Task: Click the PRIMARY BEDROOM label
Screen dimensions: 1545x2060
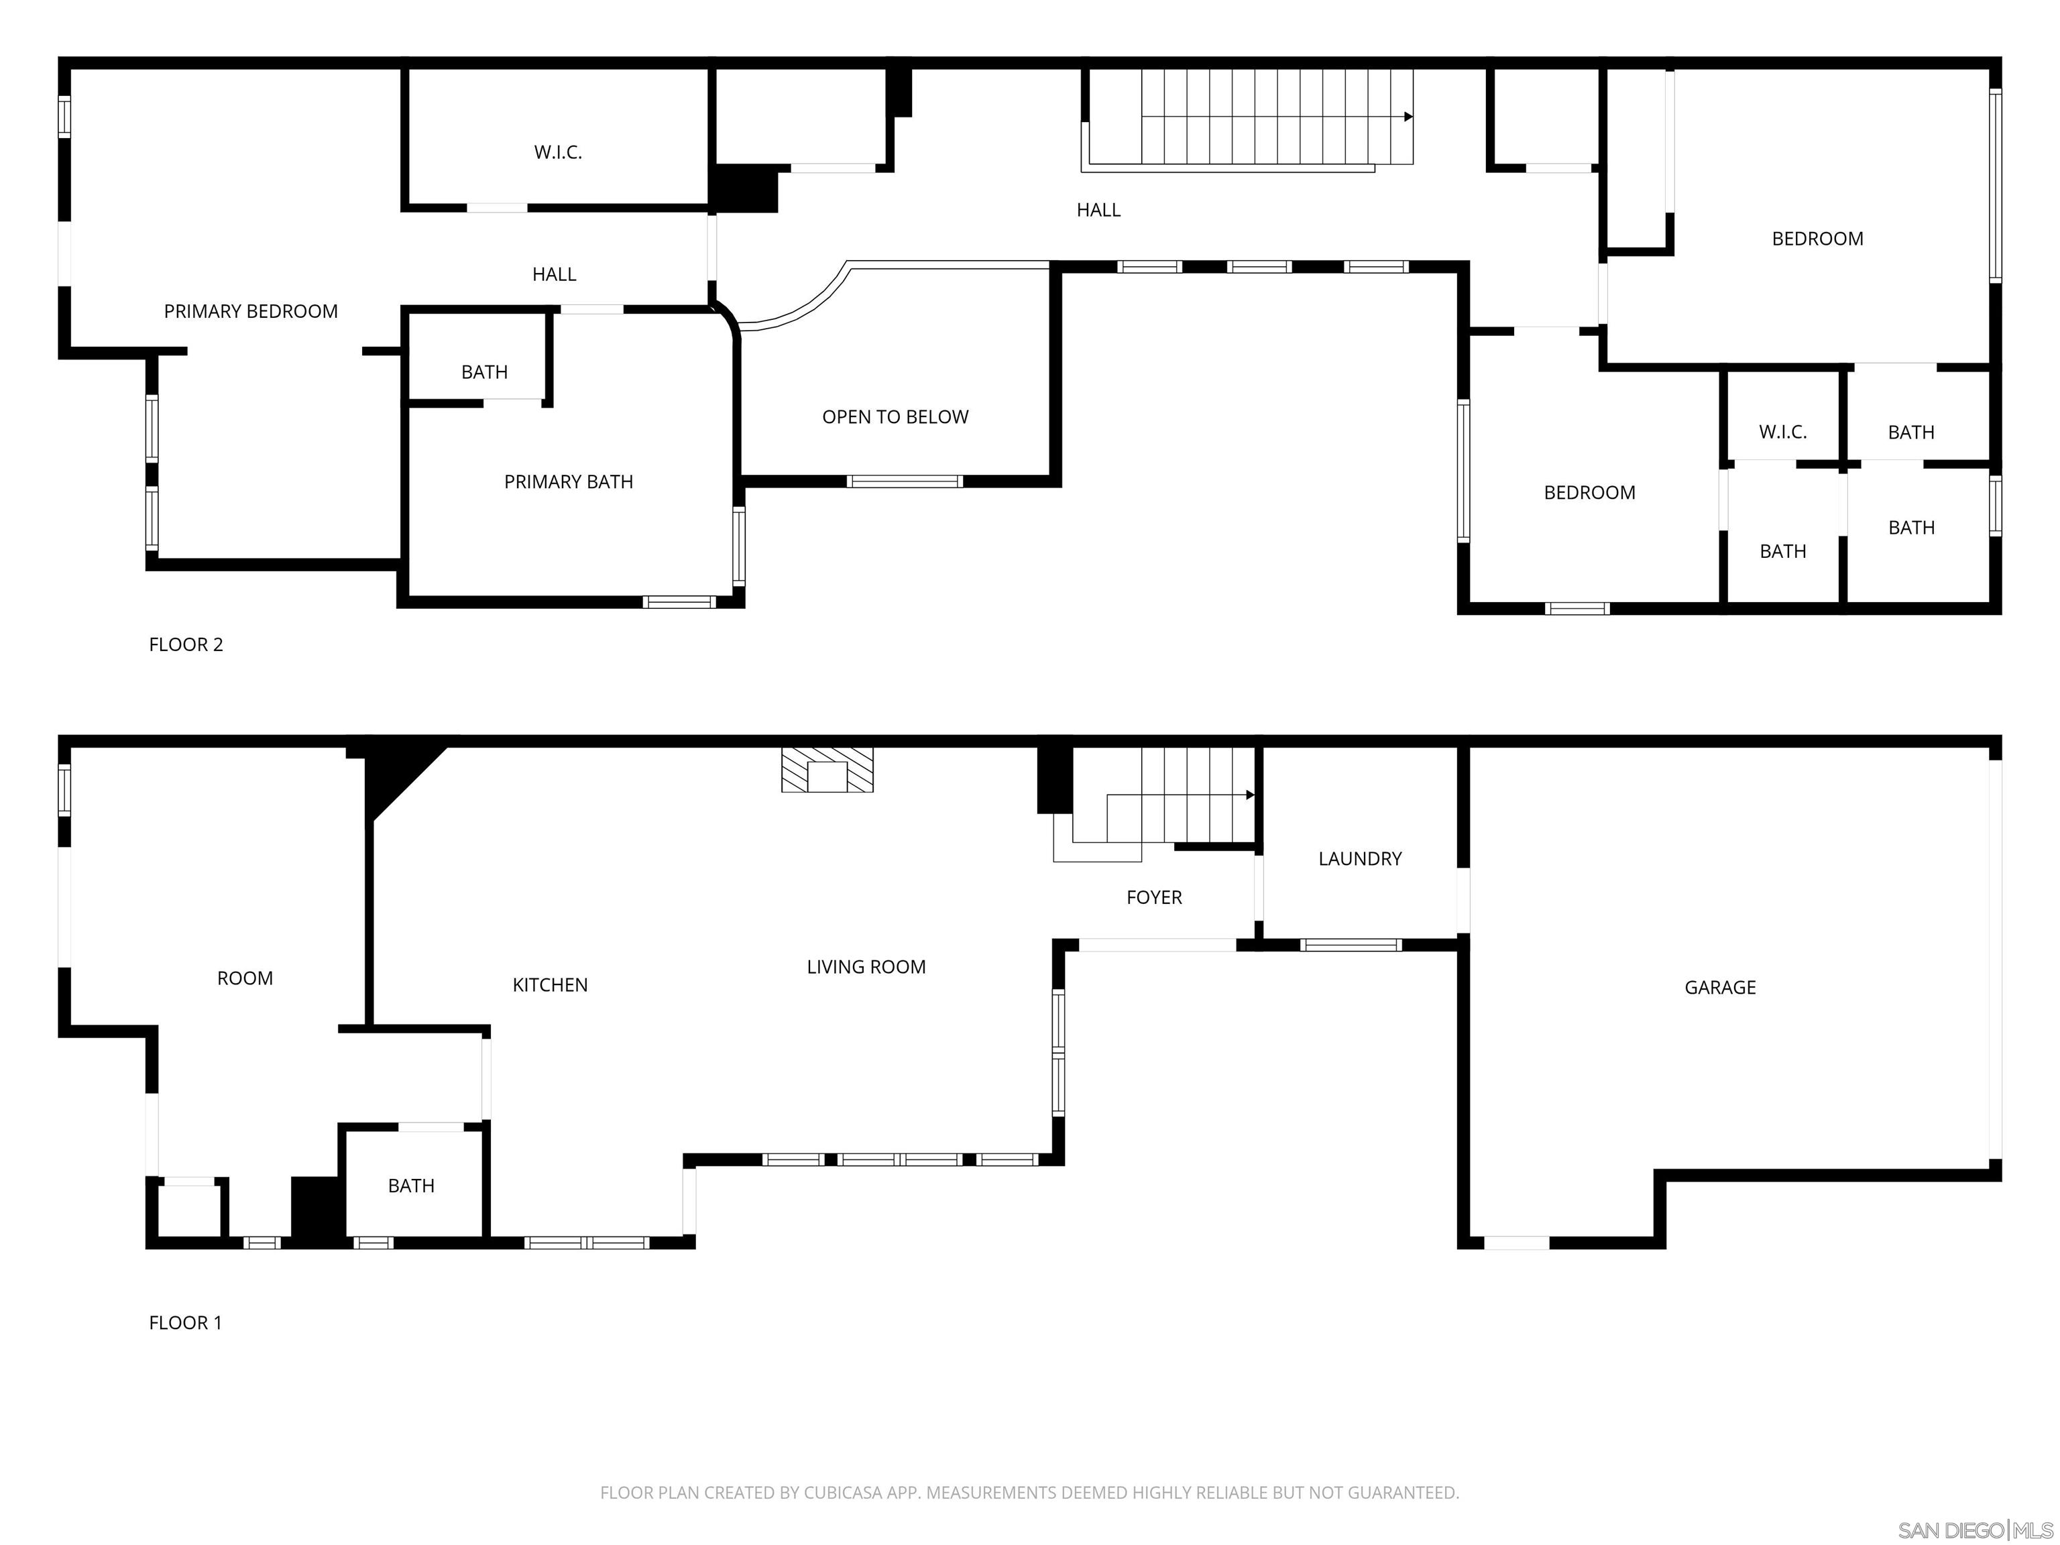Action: tap(251, 312)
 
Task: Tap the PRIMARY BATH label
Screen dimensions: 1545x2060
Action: tap(568, 482)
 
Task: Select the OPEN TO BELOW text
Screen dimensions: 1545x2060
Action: tap(895, 417)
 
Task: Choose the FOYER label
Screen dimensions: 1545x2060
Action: tap(1154, 898)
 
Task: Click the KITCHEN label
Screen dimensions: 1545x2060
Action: tap(549, 985)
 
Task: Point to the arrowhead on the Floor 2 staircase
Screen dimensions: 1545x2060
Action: tap(1408, 117)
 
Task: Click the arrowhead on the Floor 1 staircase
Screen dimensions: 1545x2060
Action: tap(1250, 795)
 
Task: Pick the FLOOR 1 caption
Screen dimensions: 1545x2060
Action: tap(185, 1322)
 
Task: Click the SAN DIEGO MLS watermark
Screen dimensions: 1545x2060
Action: tap(1974, 1530)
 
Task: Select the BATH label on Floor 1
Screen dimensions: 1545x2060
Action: tap(410, 1186)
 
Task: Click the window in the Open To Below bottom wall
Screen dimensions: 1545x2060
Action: tap(905, 481)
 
